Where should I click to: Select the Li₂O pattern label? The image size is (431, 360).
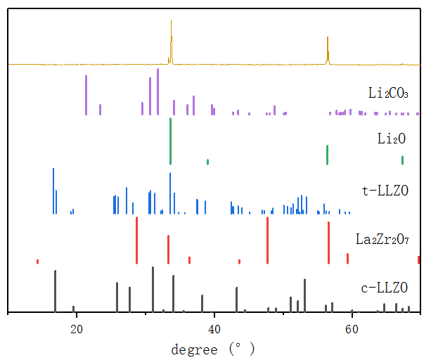point(392,139)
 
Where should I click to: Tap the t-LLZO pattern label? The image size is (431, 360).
point(382,190)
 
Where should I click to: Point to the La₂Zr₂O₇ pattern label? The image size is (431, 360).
point(382,240)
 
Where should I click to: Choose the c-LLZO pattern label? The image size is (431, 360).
point(382,288)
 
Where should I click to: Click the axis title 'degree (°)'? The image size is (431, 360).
point(213,348)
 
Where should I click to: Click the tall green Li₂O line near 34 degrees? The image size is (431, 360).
point(170,141)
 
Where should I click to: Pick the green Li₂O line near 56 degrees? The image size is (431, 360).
point(327,154)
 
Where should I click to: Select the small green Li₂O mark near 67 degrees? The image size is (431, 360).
point(402,160)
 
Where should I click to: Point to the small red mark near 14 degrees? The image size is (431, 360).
point(37,261)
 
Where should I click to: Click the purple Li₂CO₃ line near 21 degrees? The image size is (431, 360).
point(86,95)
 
